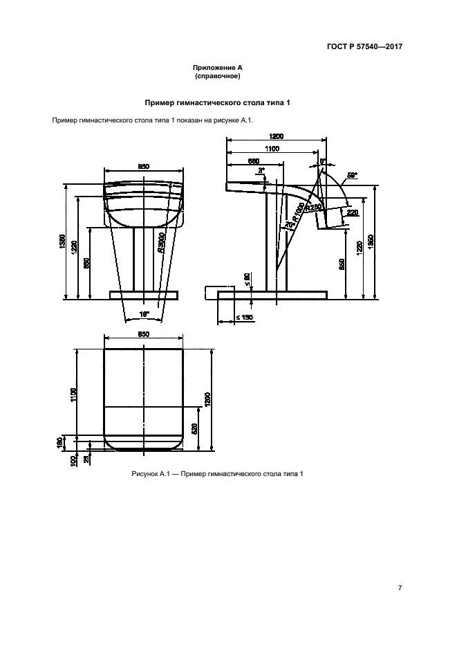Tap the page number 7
[x=400, y=588]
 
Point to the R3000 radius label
[x=160, y=243]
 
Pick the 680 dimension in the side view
[x=254, y=162]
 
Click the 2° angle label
[x=261, y=170]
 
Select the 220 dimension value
[x=353, y=212]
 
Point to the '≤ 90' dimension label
[x=248, y=277]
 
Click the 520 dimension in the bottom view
[x=194, y=428]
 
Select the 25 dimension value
[x=86, y=457]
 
